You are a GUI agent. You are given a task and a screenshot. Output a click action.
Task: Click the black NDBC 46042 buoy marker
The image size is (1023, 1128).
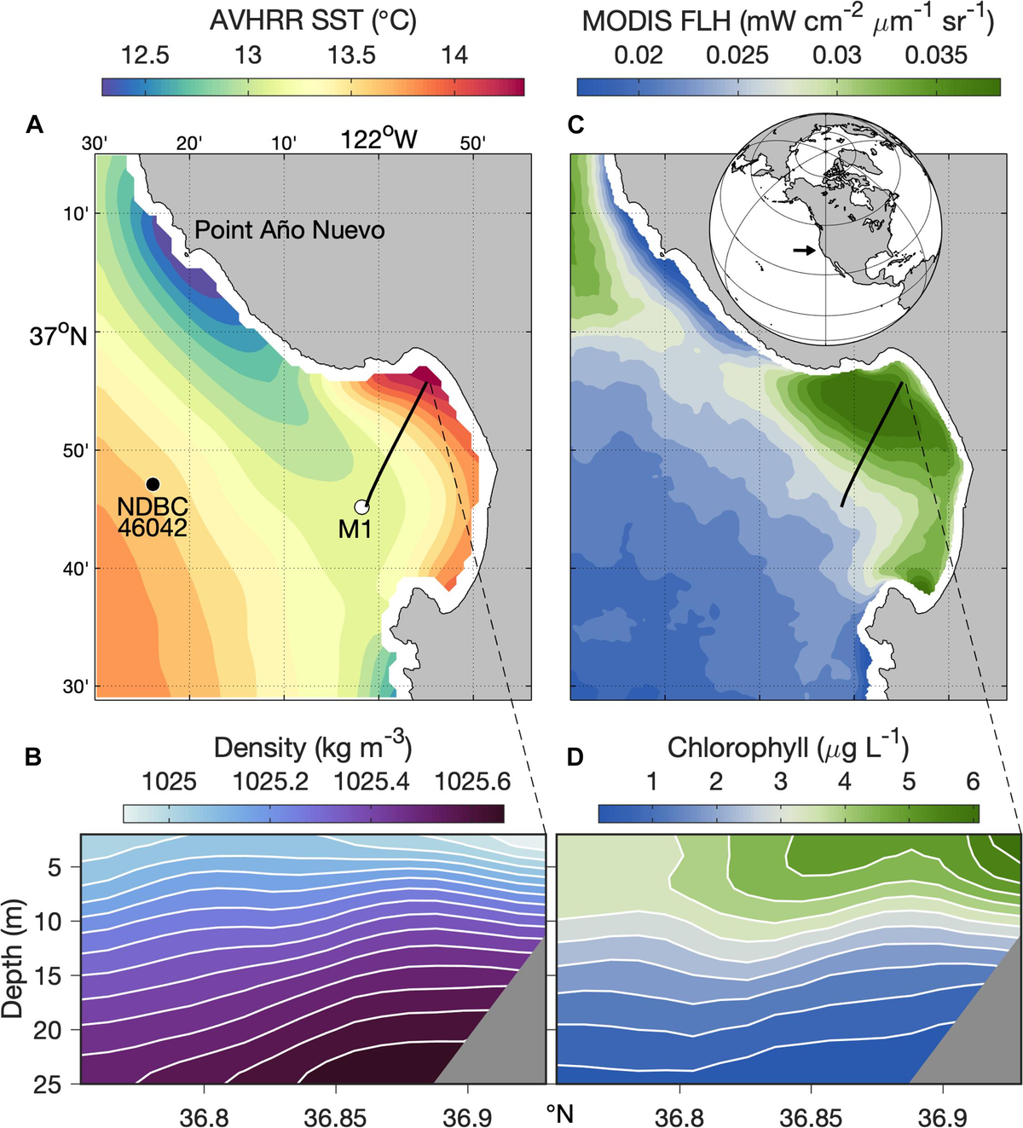[153, 484]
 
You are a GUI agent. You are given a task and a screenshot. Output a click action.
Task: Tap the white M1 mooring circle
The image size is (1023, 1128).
[361, 507]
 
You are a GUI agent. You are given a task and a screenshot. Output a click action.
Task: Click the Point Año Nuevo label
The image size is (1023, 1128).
[289, 230]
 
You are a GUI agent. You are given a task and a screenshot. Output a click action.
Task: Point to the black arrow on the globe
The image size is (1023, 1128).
[803, 250]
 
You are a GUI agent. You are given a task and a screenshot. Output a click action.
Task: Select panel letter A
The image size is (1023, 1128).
[34, 125]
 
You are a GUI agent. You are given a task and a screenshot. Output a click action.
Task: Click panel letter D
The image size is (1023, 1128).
[575, 756]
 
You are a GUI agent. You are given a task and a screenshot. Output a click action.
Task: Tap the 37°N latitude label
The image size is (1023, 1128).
[58, 336]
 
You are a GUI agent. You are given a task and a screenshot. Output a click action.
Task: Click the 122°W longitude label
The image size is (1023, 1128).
[379, 140]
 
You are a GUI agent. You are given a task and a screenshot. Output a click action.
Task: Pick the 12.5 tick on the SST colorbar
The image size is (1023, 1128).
[145, 56]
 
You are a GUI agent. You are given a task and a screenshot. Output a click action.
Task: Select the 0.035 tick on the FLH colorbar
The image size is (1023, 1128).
[936, 56]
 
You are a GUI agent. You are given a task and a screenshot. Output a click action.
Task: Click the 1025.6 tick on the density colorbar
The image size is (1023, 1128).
[472, 782]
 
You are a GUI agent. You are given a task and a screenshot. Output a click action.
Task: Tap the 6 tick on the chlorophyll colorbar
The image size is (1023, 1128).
[973, 782]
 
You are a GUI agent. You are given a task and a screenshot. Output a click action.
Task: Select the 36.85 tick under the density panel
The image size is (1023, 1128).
[336, 1116]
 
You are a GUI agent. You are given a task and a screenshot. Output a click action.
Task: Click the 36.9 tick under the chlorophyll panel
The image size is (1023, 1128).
[943, 1116]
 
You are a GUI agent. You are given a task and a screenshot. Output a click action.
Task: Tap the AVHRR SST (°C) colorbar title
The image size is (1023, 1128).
[313, 20]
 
